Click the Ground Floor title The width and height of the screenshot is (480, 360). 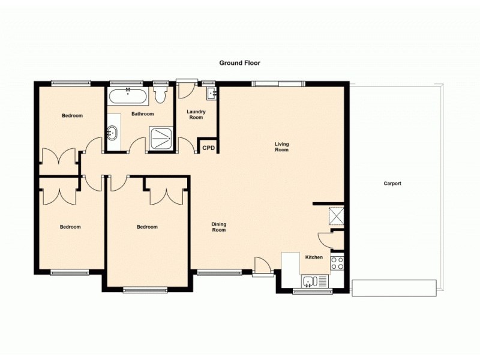[x=239, y=62]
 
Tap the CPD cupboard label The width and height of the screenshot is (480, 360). [x=208, y=148]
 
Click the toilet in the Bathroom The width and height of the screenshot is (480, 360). [x=160, y=95]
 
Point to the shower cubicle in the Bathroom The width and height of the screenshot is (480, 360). [x=161, y=139]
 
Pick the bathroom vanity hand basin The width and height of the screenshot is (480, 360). [x=113, y=134]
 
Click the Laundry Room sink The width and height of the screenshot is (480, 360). [x=211, y=94]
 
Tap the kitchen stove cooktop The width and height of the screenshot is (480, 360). [x=337, y=262]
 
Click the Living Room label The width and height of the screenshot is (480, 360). [x=281, y=146]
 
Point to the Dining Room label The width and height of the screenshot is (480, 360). [x=219, y=227]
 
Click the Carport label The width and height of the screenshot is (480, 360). [x=392, y=184]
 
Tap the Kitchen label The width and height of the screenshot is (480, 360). [x=314, y=257]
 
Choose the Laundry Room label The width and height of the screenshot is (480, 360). [x=196, y=114]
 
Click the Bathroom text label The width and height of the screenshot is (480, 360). [x=143, y=114]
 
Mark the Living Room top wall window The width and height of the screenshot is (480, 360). [x=277, y=83]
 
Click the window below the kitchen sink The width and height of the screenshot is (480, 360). [x=313, y=292]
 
